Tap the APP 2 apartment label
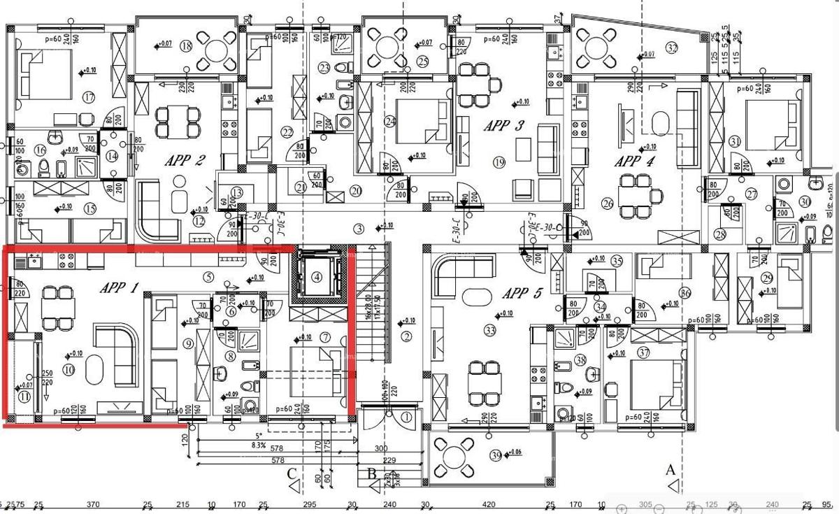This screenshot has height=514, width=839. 185,160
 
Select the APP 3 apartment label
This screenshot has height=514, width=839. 503,126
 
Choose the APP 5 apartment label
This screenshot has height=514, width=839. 522,293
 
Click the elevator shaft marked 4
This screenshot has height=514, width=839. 317,276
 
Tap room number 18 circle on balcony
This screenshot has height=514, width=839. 186,46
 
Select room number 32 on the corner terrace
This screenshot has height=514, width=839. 673,48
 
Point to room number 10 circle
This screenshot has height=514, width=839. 69,370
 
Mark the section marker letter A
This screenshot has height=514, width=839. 671,469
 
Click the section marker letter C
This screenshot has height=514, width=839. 292,474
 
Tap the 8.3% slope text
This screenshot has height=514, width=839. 257,445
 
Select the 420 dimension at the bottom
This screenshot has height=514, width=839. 489,504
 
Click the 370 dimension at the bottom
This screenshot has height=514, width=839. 93,504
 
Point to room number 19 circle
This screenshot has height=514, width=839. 499,162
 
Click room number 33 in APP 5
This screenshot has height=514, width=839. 489,330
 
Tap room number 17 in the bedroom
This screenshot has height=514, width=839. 88,97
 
